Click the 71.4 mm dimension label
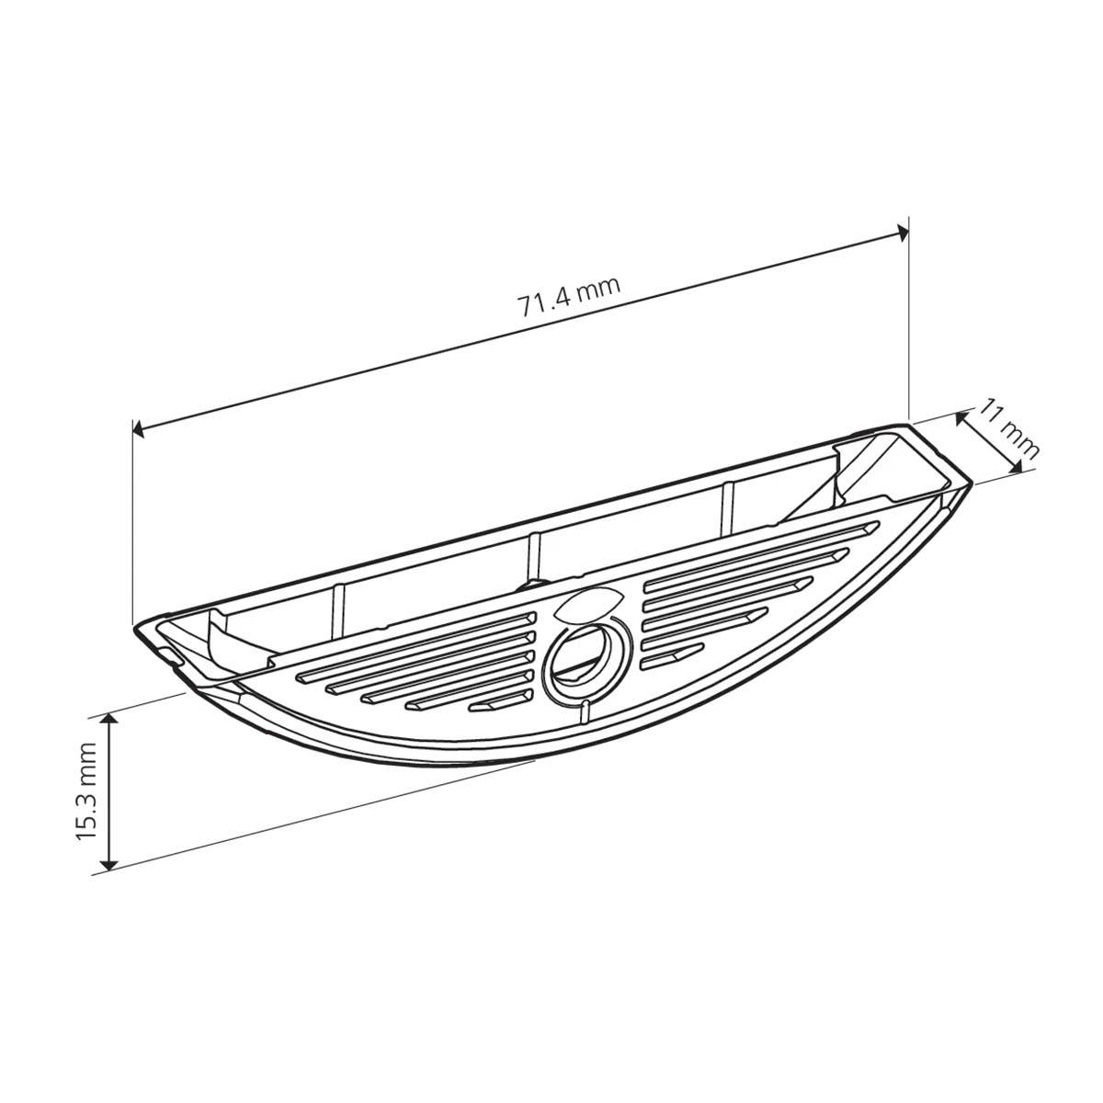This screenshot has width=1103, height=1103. coord(569,298)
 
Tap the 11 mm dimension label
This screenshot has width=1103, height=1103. coord(1008,428)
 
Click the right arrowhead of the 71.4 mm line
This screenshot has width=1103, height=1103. coord(903,233)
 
